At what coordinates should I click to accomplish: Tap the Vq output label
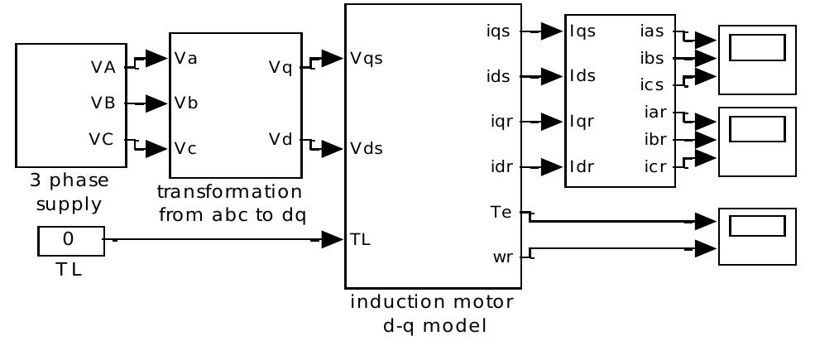tap(280, 67)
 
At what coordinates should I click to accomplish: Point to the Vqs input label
tap(366, 59)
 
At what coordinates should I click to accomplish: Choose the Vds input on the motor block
tap(366, 149)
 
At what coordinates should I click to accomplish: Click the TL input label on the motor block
tap(361, 240)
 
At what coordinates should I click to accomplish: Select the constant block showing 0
tap(70, 240)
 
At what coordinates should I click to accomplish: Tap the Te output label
tap(502, 213)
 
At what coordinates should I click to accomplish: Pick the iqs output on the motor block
tap(500, 31)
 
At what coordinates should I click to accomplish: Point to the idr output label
tap(500, 166)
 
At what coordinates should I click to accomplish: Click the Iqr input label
tap(582, 121)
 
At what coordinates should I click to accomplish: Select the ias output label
tap(652, 31)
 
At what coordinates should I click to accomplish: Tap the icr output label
tap(653, 166)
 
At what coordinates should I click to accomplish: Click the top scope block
tap(756, 60)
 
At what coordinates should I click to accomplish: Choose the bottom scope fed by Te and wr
tap(756, 237)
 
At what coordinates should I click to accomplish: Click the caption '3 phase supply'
tap(70, 191)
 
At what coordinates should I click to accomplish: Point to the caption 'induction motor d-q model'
tap(432, 312)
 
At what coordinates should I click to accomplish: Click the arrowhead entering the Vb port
tap(157, 103)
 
